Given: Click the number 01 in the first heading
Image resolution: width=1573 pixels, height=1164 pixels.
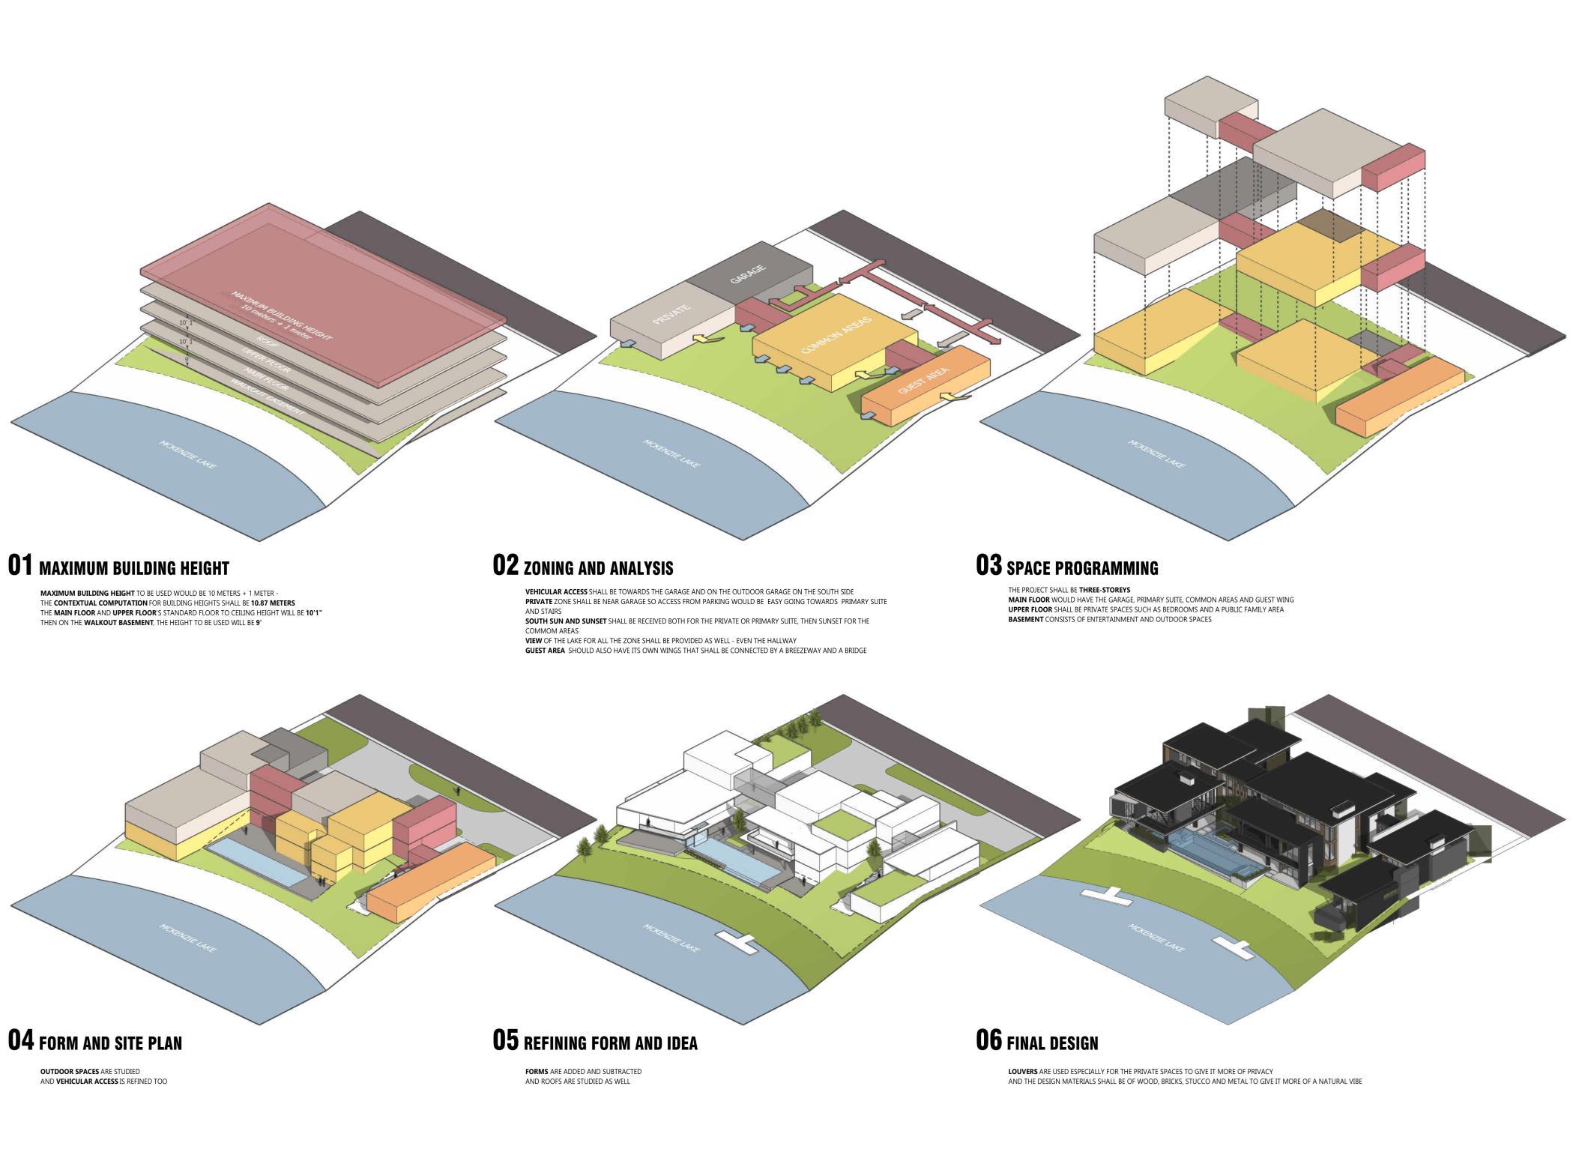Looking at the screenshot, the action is [x=20, y=565].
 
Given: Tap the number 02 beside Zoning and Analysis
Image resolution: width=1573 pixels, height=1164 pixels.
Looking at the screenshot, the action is [x=505, y=565].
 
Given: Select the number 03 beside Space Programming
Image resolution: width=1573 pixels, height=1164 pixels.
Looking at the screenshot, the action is [x=988, y=565].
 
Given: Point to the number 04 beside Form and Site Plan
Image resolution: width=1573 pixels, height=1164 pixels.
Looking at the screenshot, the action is [x=20, y=1040].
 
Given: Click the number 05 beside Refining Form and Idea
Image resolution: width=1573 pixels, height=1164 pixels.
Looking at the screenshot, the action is [x=505, y=1040].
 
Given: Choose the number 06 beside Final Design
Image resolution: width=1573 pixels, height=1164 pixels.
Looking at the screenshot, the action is [x=988, y=1040].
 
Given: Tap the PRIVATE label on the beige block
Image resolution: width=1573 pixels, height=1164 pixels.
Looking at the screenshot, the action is [x=671, y=314].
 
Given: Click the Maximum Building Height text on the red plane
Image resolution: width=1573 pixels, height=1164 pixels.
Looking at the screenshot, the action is [x=281, y=315].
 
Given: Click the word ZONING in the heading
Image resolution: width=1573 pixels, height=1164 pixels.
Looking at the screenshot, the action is [x=555, y=568].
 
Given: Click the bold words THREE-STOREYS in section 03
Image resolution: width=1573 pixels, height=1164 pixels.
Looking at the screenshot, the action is [x=1105, y=590].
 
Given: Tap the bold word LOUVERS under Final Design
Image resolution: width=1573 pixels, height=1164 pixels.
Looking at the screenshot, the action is [x=1023, y=1072].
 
